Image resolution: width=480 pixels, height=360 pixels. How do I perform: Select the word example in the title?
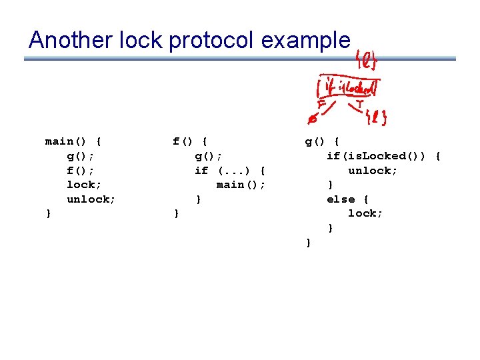[x=305, y=41]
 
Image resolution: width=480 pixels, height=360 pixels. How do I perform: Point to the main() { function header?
[x=73, y=141]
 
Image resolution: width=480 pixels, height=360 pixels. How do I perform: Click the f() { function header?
[x=190, y=141]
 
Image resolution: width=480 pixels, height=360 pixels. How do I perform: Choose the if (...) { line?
[x=230, y=171]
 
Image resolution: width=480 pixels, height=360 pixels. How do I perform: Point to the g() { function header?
[x=323, y=141]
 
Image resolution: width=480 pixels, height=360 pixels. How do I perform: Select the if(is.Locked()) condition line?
[x=383, y=156]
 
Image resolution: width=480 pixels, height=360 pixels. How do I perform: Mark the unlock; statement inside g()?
[x=373, y=171]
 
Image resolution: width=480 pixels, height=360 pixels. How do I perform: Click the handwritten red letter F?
[x=321, y=105]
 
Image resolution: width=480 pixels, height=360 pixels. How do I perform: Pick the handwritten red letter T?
[x=359, y=105]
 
